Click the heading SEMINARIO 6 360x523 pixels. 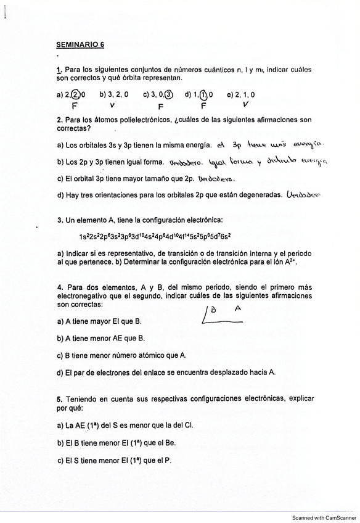pyautogui.click(x=80, y=44)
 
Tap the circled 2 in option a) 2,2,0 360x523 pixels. pyautogui.click(x=75, y=94)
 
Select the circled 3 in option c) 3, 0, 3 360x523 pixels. pyautogui.click(x=168, y=94)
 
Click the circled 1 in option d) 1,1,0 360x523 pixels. pyautogui.click(x=203, y=94)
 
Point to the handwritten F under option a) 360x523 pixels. pyautogui.click(x=74, y=105)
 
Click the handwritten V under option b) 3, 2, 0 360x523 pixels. pyautogui.click(x=121, y=105)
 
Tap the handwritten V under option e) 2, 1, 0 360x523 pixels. pyautogui.click(x=246, y=105)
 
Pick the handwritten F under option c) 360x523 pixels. pyautogui.click(x=160, y=106)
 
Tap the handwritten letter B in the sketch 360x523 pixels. pyautogui.click(x=213, y=310)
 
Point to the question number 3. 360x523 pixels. pyautogui.click(x=59, y=220)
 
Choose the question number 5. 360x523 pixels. pyautogui.click(x=59, y=398)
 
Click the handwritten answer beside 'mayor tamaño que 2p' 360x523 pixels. pyautogui.click(x=216, y=179)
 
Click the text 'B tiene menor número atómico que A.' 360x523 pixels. pyautogui.click(x=121, y=355)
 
